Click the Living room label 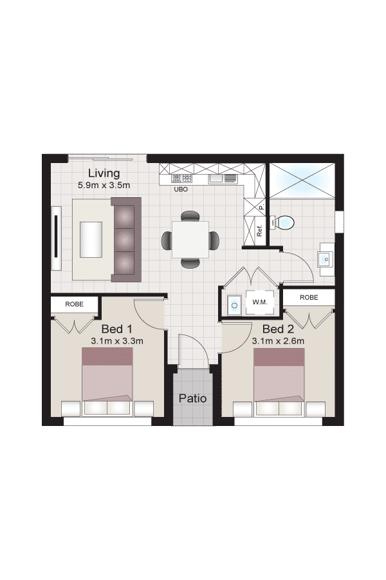[x=104, y=173]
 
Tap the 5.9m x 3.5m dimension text [x=104, y=186]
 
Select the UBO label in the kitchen [x=181, y=189]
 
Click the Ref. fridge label [x=259, y=231]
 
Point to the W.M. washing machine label [x=260, y=302]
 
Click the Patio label [x=192, y=398]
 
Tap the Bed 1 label [x=116, y=329]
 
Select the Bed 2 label [x=278, y=329]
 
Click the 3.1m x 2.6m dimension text [x=278, y=341]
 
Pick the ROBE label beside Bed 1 [x=74, y=304]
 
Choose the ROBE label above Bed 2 [x=309, y=297]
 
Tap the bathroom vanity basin [x=326, y=259]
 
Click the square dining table [x=190, y=240]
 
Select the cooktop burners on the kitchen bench [x=181, y=179]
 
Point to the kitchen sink [x=223, y=179]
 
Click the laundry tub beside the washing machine [x=234, y=305]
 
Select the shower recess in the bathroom [x=302, y=181]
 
